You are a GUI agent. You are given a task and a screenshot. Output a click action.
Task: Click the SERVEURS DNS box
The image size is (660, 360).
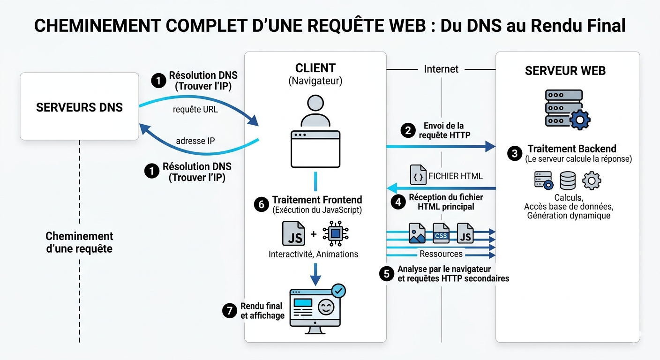pos(79,107)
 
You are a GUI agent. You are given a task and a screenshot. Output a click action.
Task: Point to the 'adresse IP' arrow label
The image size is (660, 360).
pos(195,141)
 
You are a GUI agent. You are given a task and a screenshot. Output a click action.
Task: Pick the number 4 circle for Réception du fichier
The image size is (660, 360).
pos(398,202)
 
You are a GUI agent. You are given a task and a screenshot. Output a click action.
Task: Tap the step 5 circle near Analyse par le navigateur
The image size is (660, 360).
pos(386,274)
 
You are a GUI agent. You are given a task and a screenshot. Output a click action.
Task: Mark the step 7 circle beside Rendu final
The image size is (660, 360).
pos(229,310)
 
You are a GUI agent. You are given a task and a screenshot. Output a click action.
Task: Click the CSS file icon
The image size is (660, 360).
pos(441,233)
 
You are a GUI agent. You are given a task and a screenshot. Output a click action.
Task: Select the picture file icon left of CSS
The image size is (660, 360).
pos(417,233)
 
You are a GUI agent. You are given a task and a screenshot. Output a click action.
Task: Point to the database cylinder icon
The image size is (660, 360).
pos(568,180)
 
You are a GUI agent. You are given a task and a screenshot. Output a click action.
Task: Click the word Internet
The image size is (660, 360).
pos(441,69)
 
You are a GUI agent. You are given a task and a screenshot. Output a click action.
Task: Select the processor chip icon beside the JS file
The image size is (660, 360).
pos(336,233)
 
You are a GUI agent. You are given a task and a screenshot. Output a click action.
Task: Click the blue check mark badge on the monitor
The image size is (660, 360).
pos(338,291)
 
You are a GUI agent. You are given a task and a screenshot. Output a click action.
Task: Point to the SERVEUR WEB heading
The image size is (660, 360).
pos(565,71)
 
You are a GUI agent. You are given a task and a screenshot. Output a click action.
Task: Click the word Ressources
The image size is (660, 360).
pos(441,254)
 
